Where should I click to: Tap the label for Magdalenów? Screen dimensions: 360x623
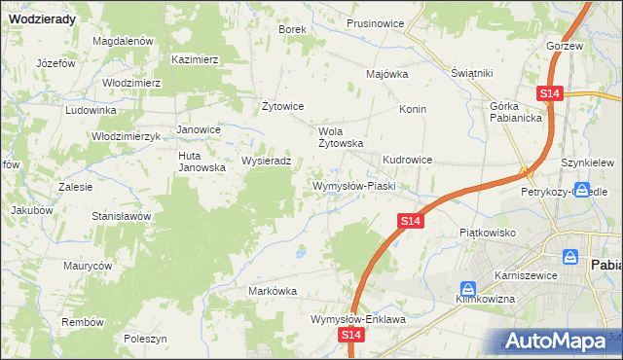coord(124,41)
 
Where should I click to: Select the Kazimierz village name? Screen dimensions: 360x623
coord(195,59)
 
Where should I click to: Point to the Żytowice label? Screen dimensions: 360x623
coord(284,105)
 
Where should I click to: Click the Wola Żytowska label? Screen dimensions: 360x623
coord(342,136)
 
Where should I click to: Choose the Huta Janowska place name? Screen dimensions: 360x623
coord(202,161)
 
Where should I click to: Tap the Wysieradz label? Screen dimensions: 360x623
coord(267,161)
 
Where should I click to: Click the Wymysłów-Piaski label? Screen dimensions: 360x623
coord(351,185)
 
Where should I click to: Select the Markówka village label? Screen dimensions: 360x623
coord(273,291)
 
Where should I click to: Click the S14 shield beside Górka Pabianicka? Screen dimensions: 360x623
coord(550,92)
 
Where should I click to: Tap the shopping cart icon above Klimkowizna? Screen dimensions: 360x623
coord(468,289)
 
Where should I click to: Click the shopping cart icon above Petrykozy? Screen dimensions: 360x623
coord(581,191)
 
